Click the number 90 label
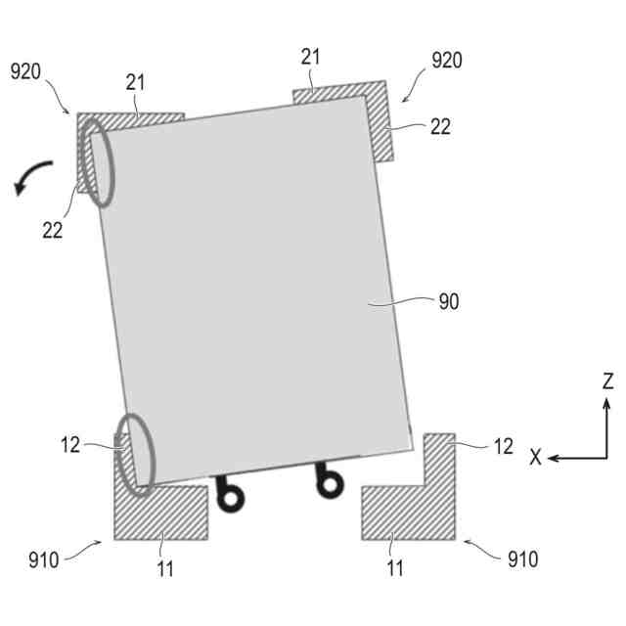[446, 302]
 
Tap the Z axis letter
[607, 381]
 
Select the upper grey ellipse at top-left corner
[96, 162]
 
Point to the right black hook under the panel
[331, 480]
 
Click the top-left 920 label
[26, 71]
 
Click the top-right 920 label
[447, 62]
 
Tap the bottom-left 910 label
[43, 559]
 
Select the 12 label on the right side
[503, 446]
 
